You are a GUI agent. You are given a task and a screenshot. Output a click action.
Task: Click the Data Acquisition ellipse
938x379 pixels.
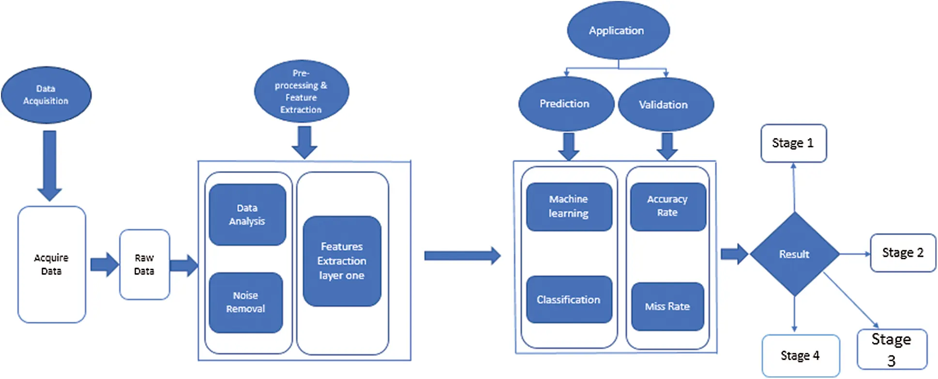pyautogui.click(x=46, y=95)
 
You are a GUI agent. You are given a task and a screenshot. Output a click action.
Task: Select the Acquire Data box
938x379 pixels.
pyautogui.click(x=52, y=265)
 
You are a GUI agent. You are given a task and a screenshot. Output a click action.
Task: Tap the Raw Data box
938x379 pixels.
pyautogui.click(x=145, y=265)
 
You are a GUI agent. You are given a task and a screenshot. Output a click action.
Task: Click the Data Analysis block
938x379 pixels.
pyautogui.click(x=247, y=215)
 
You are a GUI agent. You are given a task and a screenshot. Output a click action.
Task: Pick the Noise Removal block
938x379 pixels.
pyautogui.click(x=246, y=302)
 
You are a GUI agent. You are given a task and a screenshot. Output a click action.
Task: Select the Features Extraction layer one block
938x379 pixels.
pyautogui.click(x=342, y=261)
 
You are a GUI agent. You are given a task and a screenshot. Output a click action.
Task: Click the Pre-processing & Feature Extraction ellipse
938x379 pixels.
pyautogui.click(x=302, y=91)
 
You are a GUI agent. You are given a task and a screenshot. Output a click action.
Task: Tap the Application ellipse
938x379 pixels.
pyautogui.click(x=618, y=31)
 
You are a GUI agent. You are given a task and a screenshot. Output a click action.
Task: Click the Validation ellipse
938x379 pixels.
pyautogui.click(x=666, y=105)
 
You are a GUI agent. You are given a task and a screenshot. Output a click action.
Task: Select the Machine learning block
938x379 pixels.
pyautogui.click(x=569, y=207)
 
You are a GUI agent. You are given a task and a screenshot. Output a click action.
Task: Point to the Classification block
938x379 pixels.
pyautogui.click(x=569, y=300)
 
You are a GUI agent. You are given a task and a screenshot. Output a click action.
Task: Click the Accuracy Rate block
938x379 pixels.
pyautogui.click(x=668, y=207)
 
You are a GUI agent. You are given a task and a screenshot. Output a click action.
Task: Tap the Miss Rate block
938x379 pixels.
pyautogui.click(x=668, y=307)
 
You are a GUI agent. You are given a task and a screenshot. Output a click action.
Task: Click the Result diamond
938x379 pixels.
pyautogui.click(x=794, y=254)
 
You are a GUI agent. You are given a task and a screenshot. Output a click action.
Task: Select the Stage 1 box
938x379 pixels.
pyautogui.click(x=794, y=143)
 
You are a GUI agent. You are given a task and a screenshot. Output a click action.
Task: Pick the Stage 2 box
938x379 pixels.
pyautogui.click(x=903, y=253)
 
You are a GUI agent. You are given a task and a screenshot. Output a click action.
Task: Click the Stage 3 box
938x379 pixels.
pyautogui.click(x=892, y=349)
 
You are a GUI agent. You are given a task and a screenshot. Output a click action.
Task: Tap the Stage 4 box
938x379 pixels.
pyautogui.click(x=801, y=356)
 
